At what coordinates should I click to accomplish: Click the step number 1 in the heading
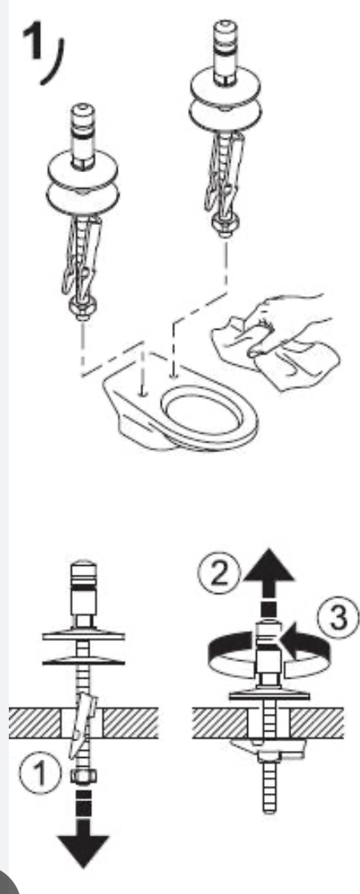[32, 46]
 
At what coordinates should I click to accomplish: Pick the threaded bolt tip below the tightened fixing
[270, 791]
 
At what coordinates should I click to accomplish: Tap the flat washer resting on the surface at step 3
[269, 695]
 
